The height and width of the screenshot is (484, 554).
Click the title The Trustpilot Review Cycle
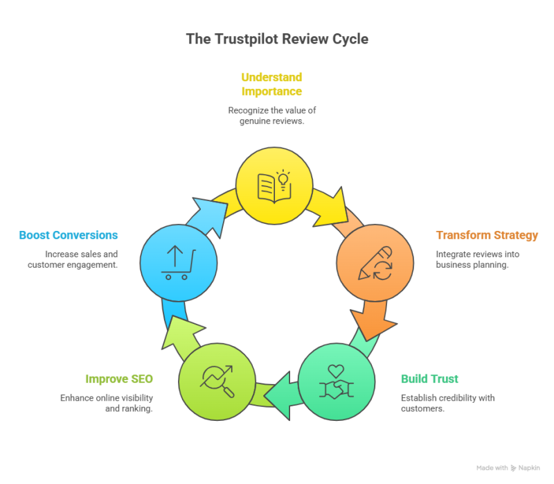276,39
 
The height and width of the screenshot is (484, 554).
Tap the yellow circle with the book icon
274,185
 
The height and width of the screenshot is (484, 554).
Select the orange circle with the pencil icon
375,262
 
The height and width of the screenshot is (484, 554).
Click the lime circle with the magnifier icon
217,382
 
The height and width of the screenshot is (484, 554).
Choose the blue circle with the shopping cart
179,262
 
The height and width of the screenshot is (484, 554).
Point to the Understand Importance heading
271,84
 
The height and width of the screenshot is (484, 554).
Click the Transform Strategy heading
486,236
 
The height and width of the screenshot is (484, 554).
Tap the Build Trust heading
429,379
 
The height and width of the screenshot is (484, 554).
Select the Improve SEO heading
118,379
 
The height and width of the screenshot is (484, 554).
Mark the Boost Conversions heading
69,235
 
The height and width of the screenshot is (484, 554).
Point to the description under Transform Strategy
478,259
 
